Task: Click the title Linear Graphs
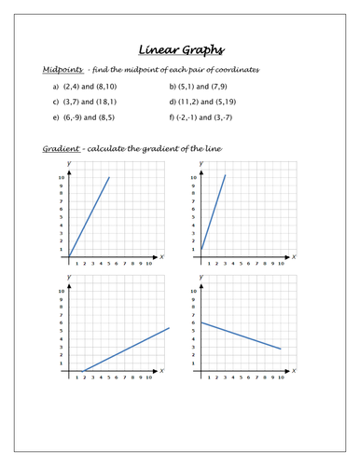179,50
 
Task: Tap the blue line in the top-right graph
214,211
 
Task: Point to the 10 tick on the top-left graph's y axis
62,177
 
